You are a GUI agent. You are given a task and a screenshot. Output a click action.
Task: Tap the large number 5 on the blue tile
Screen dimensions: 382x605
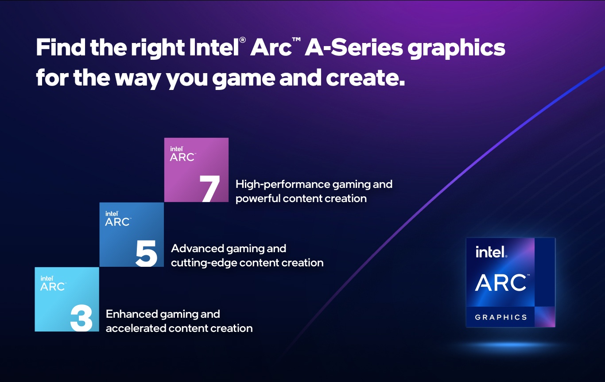pos(147,253)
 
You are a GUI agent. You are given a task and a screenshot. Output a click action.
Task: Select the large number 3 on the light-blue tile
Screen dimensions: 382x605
pos(82,318)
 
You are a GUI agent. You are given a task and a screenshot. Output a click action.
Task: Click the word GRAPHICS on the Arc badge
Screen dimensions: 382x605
pos(501,317)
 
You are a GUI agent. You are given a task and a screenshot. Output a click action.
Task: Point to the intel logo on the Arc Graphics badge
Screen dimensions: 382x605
pos(491,252)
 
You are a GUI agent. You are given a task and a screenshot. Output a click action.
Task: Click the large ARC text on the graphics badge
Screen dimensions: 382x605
pos(501,283)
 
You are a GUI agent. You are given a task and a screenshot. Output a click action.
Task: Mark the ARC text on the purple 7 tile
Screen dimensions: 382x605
pos(182,157)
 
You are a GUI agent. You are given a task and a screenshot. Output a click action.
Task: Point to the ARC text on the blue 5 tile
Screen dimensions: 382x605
pos(117,222)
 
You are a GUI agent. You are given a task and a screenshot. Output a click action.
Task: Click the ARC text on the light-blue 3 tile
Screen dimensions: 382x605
pos(53,287)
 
